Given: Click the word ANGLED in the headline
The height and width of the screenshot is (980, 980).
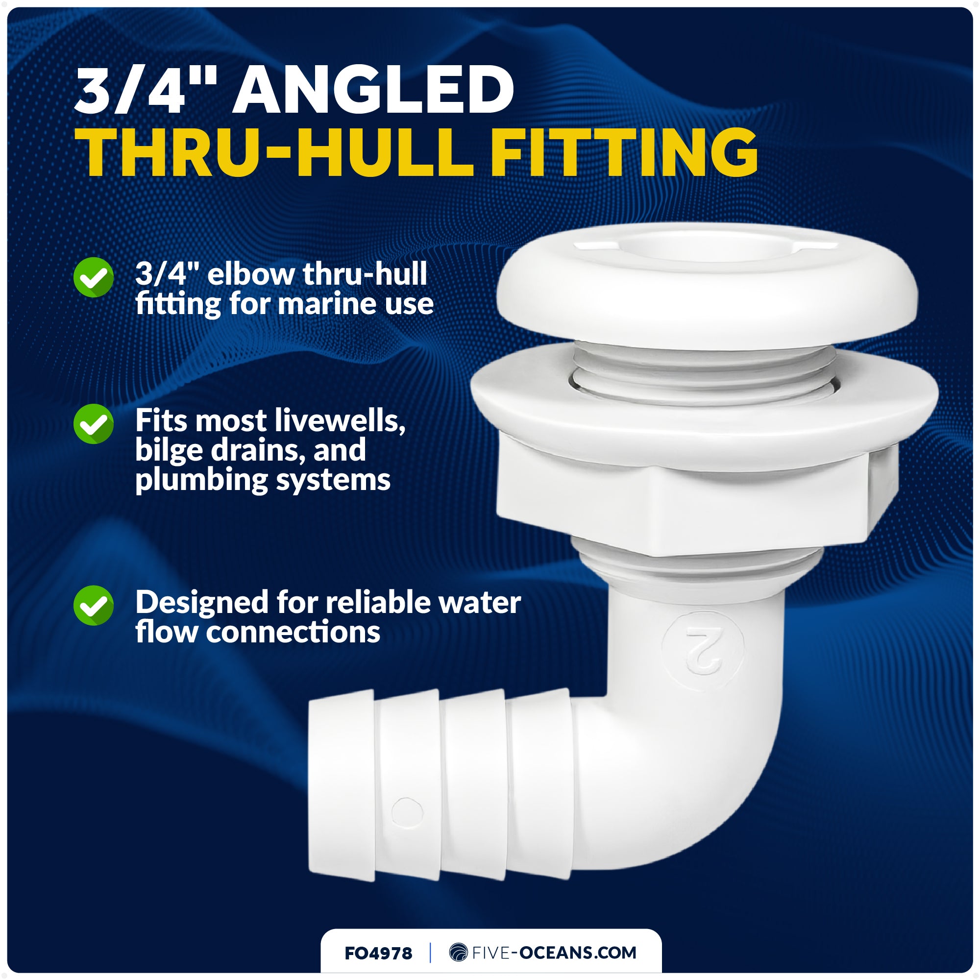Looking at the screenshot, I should (373, 90).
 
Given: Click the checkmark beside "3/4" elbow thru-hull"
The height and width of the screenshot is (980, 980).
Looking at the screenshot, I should (93, 277).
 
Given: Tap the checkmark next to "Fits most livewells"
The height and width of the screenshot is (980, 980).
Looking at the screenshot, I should (93, 423).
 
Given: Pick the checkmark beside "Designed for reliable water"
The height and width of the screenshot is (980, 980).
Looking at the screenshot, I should (93, 605).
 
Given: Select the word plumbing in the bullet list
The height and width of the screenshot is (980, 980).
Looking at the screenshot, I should (201, 480).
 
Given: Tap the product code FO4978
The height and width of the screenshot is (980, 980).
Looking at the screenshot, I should (378, 953).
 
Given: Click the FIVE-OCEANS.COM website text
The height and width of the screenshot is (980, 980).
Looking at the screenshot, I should (554, 953).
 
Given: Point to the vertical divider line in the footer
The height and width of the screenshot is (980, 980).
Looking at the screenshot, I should (431, 953).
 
